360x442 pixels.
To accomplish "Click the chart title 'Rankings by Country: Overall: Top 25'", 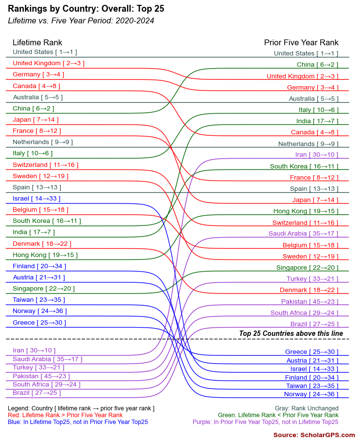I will point(86,9).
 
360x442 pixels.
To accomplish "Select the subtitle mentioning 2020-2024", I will point(81,20).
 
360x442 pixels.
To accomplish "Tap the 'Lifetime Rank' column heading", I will point(37,42).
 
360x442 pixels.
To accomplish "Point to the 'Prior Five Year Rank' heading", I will point(301,42).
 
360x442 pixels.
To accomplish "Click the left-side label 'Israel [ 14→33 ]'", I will point(36,199).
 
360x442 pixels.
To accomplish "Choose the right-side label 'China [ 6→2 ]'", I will point(317,65).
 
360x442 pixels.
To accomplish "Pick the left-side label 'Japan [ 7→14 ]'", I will point(36,120).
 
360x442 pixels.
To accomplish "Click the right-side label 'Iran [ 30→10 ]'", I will point(316,155).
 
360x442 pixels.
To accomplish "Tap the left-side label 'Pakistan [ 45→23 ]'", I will point(41,376).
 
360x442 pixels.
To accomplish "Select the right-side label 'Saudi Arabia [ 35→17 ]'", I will point(303,234).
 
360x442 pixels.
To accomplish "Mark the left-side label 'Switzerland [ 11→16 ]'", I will point(45,165).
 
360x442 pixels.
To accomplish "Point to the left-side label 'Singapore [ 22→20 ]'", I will point(44,289).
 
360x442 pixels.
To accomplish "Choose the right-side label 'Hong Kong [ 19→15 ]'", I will point(306,211).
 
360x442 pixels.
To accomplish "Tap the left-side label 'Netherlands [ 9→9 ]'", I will point(43,142).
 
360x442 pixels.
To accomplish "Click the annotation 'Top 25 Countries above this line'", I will point(291,333).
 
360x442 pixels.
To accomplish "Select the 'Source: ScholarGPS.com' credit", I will point(314,435).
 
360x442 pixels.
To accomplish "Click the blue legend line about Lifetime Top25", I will point(78,422).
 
